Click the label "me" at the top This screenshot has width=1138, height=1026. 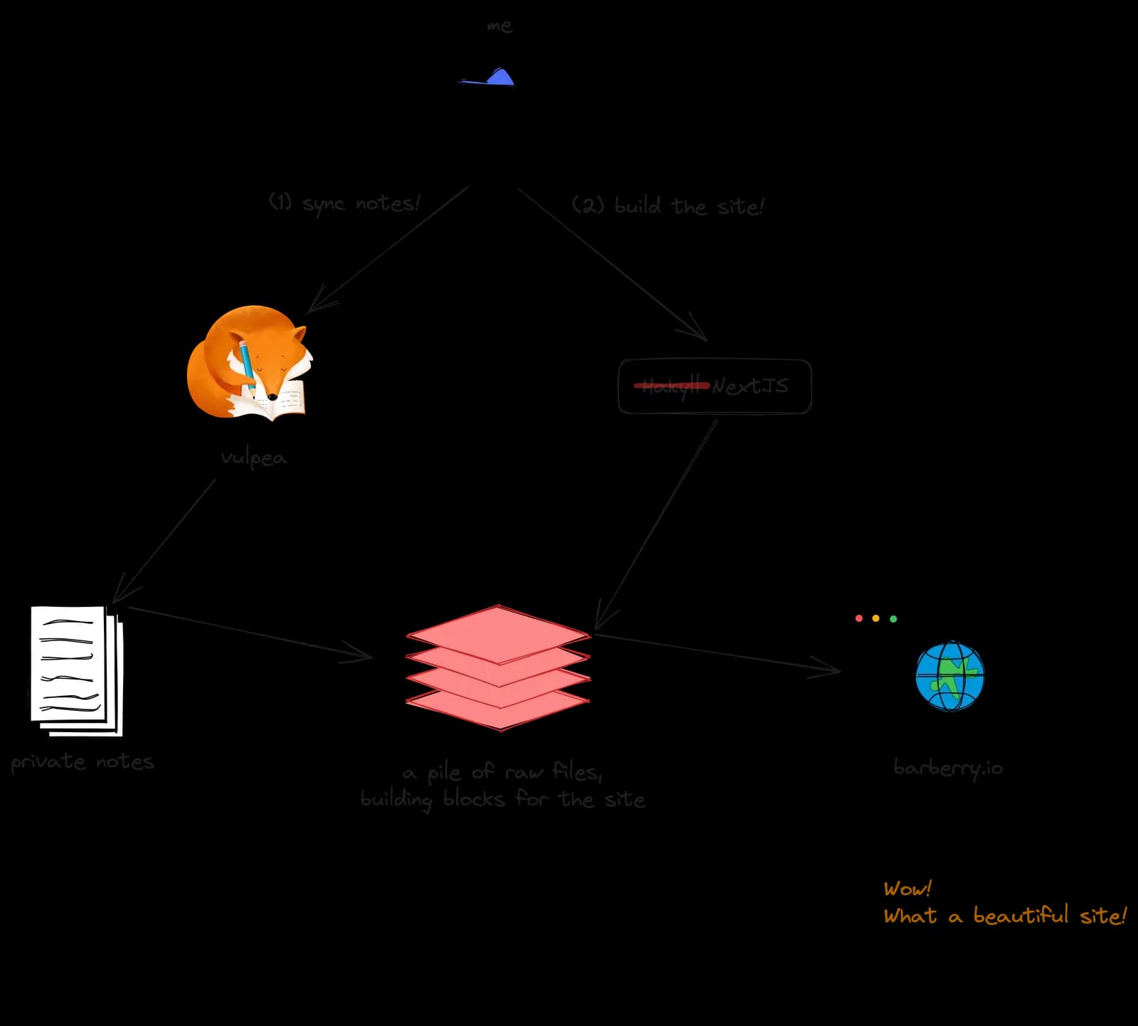point(499,26)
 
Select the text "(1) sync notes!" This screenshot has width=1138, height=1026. point(344,203)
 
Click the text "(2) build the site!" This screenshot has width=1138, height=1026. point(667,206)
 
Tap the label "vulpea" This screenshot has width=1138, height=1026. point(253,458)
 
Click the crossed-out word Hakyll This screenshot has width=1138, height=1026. point(671,386)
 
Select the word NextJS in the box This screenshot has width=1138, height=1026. point(750,386)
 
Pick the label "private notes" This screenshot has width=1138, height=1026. point(83,762)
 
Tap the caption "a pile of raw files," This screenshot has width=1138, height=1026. point(502,772)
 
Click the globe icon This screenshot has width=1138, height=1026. point(950,676)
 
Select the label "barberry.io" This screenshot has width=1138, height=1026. point(948,768)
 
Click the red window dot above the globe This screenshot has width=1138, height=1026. point(858,618)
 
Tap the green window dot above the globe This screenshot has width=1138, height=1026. point(893,618)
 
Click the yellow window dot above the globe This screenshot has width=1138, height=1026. point(876,618)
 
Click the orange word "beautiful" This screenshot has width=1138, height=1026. point(1020,916)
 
